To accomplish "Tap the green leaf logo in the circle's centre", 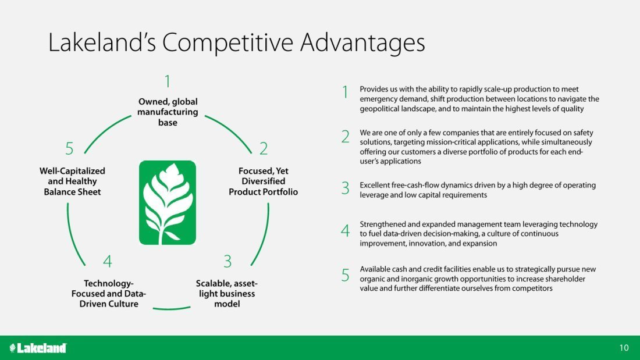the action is [x=168, y=202].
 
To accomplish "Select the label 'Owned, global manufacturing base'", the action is [x=168, y=112].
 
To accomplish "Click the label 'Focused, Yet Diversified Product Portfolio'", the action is [x=263, y=181].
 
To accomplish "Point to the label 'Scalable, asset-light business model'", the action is [x=226, y=294].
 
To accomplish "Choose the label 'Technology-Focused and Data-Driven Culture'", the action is [x=109, y=294].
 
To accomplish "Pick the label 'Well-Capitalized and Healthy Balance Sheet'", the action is [x=72, y=181].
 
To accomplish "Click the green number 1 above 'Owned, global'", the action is [x=168, y=81].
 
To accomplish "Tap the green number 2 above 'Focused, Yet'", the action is [x=264, y=148].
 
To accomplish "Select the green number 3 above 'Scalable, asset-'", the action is [x=227, y=261].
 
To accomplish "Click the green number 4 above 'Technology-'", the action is [x=108, y=261].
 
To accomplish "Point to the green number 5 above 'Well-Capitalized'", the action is [x=69, y=148].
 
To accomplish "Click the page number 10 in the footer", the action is [x=624, y=348].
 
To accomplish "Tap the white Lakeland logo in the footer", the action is [x=38, y=348].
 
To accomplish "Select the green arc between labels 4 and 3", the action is [x=172, y=309].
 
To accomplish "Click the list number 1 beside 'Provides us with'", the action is [x=345, y=92].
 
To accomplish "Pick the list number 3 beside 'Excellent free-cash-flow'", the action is [x=345, y=188].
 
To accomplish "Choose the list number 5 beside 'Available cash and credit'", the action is [x=345, y=275].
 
